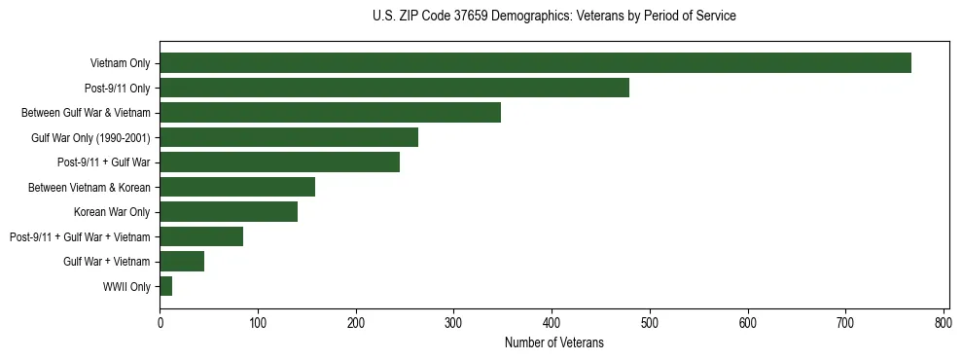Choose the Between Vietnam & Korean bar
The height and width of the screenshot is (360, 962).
[237, 187]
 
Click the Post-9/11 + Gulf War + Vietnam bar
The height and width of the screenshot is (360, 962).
[201, 236]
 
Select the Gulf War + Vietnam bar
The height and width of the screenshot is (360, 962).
[182, 261]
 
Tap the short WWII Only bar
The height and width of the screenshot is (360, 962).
[166, 286]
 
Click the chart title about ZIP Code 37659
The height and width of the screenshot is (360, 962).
[553, 17]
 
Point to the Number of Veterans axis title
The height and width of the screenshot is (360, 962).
[553, 343]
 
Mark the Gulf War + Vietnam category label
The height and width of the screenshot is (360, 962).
[106, 261]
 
